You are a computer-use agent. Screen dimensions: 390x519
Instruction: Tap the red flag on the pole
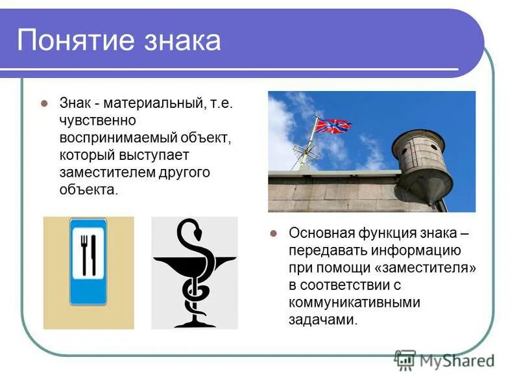[x=333, y=125]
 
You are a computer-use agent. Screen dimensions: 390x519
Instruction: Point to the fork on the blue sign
[x=84, y=253]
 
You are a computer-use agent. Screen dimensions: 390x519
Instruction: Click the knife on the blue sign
[x=95, y=253]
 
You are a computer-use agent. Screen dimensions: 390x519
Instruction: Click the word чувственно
[x=97, y=121]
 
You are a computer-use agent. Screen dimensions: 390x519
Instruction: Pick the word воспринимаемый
[x=112, y=138]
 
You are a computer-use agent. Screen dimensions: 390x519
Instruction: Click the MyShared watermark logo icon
[x=405, y=359]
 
